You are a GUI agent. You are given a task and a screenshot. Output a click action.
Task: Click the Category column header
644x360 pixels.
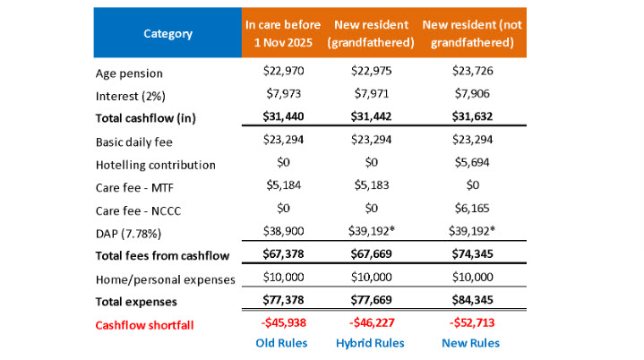point(167,34)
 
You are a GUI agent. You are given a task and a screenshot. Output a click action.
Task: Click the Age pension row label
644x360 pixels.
point(129,73)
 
